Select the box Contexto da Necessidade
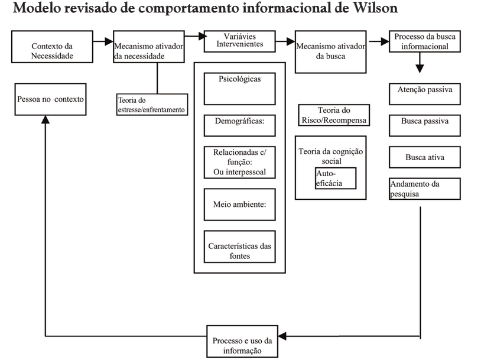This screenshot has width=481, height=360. point(53,47)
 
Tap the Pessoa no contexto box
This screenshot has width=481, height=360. point(50,99)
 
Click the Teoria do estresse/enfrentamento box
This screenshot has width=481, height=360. point(152,104)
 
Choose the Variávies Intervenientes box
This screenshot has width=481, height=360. point(239,40)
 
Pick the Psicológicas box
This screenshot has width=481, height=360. point(239,87)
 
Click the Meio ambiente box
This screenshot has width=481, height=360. point(239,204)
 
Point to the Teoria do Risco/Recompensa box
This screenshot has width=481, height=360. point(334,115)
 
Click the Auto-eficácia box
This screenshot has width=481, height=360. point(335,177)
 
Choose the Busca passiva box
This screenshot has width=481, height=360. point(425,125)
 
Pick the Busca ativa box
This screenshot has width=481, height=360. point(425,158)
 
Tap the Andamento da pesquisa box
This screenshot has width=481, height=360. point(425,189)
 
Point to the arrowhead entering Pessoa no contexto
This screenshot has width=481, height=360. point(46,118)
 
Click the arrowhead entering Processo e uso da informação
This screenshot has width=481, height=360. point(283,336)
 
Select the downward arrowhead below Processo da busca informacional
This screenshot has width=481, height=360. point(420,67)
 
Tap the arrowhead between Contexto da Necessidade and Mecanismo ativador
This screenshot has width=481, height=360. point(108,41)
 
